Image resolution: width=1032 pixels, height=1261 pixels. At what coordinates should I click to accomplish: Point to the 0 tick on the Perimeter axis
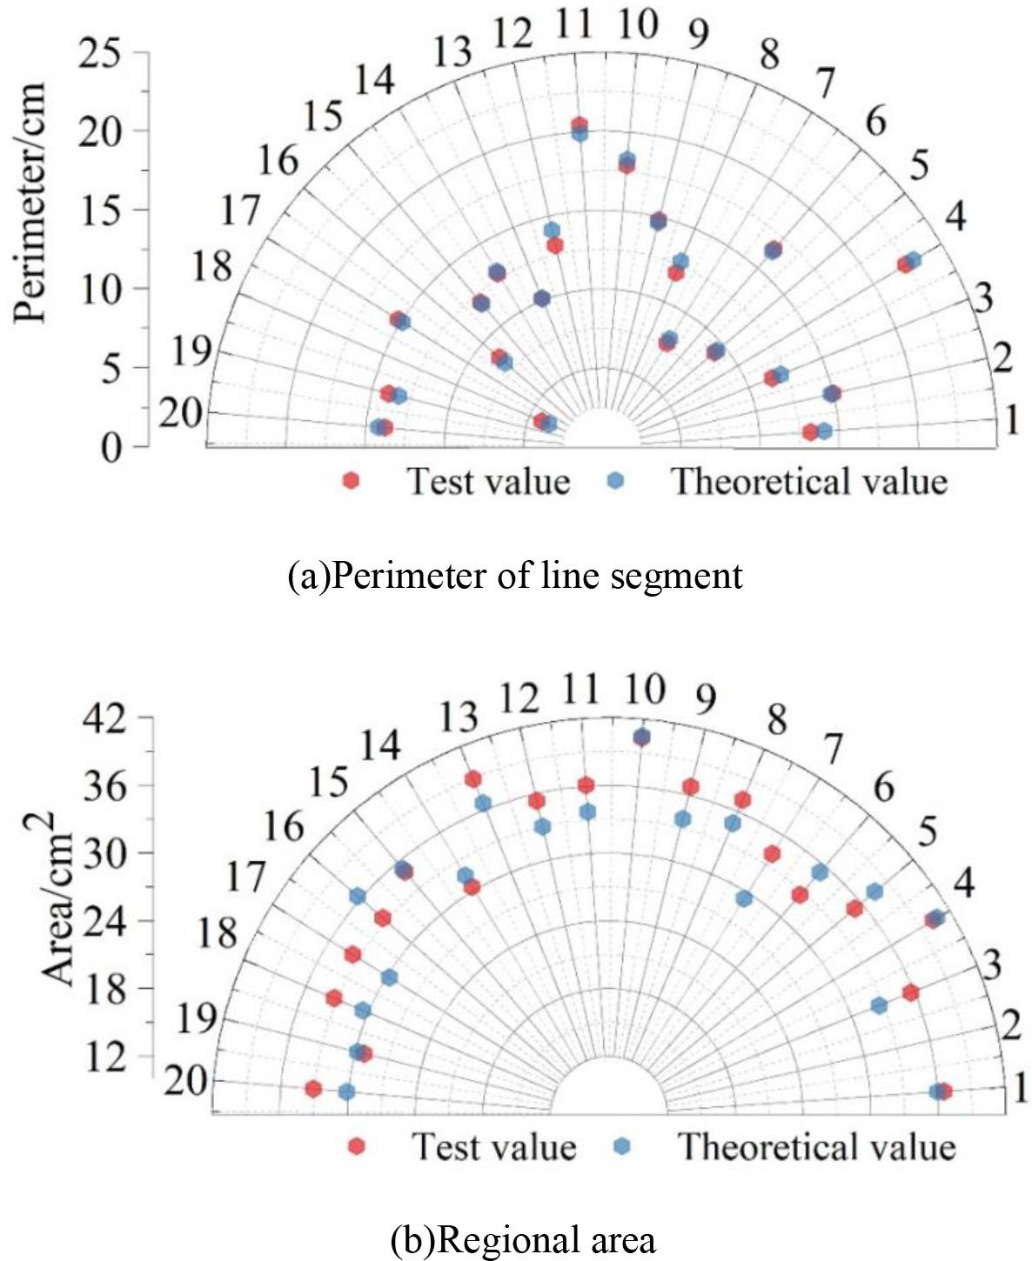point(110,448)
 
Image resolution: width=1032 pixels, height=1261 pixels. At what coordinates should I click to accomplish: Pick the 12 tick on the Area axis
point(105,1057)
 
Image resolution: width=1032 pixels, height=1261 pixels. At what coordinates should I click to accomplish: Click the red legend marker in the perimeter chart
point(351,481)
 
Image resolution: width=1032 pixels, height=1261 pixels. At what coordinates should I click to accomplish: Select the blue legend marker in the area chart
point(620,1147)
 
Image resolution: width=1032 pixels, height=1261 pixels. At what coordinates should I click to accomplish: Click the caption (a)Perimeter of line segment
point(515,576)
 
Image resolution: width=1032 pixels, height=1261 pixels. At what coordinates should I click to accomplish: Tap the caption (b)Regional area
point(523,1239)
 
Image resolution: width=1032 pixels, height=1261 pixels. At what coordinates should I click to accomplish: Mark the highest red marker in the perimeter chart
point(580,125)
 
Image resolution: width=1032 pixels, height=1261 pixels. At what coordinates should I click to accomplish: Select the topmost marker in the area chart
point(641,737)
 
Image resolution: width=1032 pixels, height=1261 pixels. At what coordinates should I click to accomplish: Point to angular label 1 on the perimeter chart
point(1011,421)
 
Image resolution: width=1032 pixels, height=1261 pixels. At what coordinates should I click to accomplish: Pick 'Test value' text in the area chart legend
point(493,1147)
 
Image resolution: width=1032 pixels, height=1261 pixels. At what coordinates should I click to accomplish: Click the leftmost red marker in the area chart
point(313,1089)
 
